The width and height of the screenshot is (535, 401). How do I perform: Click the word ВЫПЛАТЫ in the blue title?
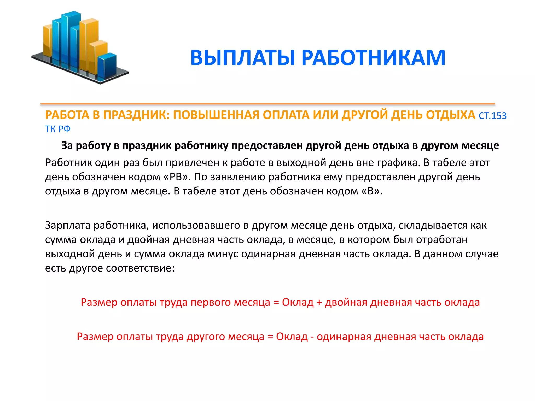tap(242, 58)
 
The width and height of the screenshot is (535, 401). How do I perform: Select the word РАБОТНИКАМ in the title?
tap(373, 58)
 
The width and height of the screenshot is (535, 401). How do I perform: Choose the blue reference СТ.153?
tap(492, 116)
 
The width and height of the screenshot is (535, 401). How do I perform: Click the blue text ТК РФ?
tap(58, 129)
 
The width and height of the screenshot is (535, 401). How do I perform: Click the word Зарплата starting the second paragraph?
tap(68, 225)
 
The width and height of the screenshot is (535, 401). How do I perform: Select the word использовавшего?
tap(196, 225)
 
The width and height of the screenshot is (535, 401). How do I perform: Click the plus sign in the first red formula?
tap(319, 303)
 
